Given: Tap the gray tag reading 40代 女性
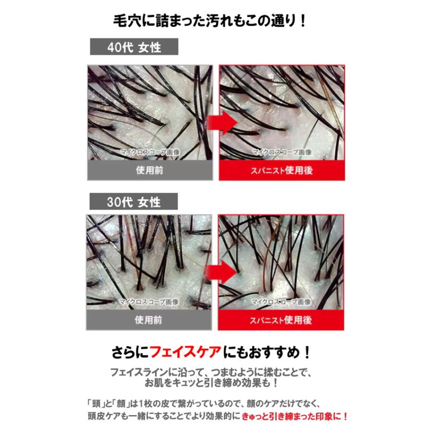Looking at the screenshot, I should click(134, 48).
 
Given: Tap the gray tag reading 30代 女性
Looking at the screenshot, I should click(134, 202).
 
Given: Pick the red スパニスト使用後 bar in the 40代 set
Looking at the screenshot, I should click(282, 171).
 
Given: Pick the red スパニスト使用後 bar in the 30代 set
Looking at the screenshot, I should click(282, 321).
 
